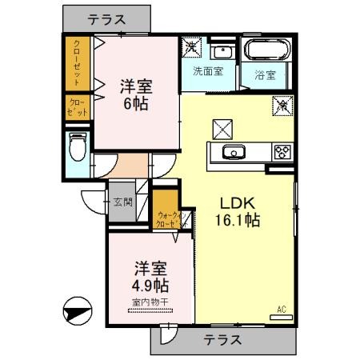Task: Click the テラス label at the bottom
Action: pyautogui.click(x=222, y=339)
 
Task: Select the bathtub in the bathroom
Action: pyautogui.click(x=268, y=50)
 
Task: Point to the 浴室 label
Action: pyautogui.click(x=266, y=75)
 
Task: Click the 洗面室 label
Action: pyautogui.click(x=208, y=70)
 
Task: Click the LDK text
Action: pyautogui.click(x=232, y=201)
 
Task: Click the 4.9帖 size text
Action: pyautogui.click(x=150, y=285)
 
